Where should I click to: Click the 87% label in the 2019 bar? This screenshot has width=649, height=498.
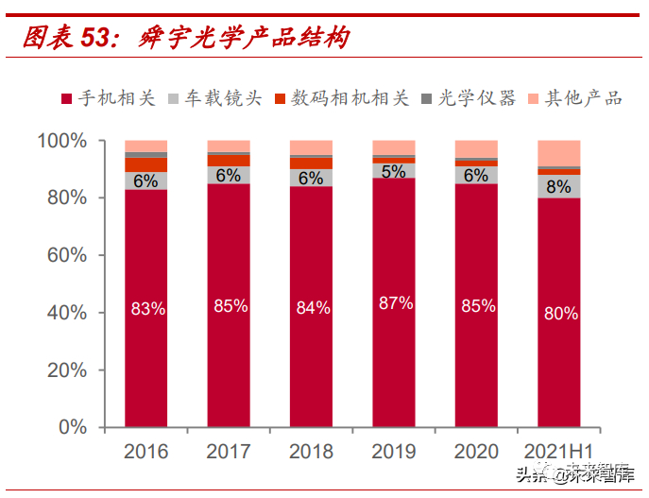pos(395,303)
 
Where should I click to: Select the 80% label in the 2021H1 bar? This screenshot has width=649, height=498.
pos(560,314)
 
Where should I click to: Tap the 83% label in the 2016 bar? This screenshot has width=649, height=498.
pos(147,308)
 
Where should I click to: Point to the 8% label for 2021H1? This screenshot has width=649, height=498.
pos(558,186)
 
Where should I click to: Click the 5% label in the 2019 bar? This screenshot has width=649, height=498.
pos(394,172)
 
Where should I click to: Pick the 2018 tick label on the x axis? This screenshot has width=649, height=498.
pos(311,452)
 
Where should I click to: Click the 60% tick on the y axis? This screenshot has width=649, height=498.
pos(63,255)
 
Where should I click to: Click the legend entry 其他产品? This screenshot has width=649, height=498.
pos(578,98)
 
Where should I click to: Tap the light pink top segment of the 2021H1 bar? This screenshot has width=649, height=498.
pos(559,153)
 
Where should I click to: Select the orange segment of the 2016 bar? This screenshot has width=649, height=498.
pos(145,164)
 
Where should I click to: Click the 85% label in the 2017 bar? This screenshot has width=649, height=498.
pos(230,305)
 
